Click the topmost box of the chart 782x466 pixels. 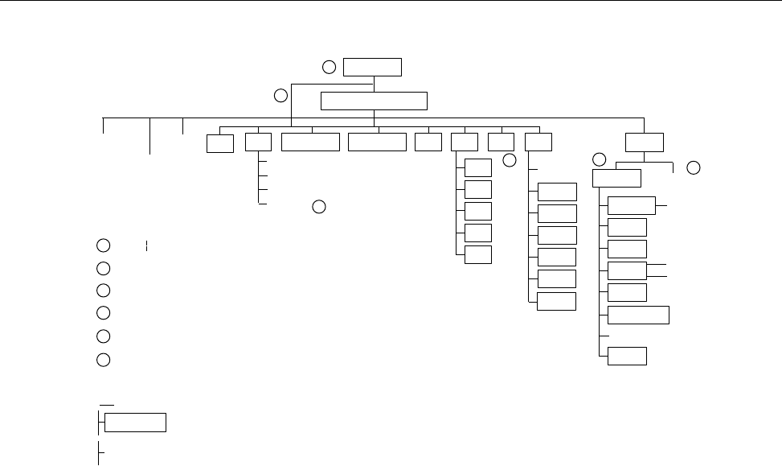pos(372,66)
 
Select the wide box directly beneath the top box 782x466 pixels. pos(374,101)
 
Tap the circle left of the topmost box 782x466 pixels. pos(329,66)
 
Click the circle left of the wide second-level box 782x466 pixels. pos(280,96)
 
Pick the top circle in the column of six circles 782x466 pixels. pos(103,245)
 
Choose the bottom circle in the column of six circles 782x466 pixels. pos(103,359)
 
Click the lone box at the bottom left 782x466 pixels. pos(136,423)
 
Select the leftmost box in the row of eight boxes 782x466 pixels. pos(219,142)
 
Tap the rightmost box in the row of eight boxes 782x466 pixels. pos(538,142)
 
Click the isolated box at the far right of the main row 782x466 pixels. pos(645,142)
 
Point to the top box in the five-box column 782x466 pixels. pos(478,167)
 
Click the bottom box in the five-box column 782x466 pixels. pos(478,254)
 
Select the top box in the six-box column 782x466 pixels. pos(557,192)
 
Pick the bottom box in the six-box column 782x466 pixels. pos(557,301)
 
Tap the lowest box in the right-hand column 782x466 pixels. pos(627,356)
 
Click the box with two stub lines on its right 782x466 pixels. pos(627,270)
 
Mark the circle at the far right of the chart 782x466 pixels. pos(694,167)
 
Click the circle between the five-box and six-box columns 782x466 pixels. pos(509,161)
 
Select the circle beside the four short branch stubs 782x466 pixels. pos(318,206)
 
